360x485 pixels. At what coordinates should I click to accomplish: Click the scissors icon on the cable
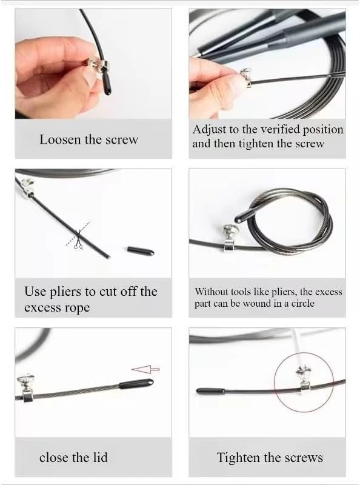(x=78, y=239)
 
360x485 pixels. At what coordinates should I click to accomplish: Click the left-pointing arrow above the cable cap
(x=145, y=369)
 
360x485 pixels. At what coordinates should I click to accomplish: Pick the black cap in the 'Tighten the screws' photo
(x=211, y=392)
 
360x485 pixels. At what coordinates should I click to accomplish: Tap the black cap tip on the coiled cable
(x=244, y=216)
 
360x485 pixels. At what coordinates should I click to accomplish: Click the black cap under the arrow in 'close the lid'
(x=136, y=384)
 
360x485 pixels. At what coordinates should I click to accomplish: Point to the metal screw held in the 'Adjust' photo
(x=246, y=78)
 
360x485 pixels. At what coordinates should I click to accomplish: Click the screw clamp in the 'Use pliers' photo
(x=27, y=189)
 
